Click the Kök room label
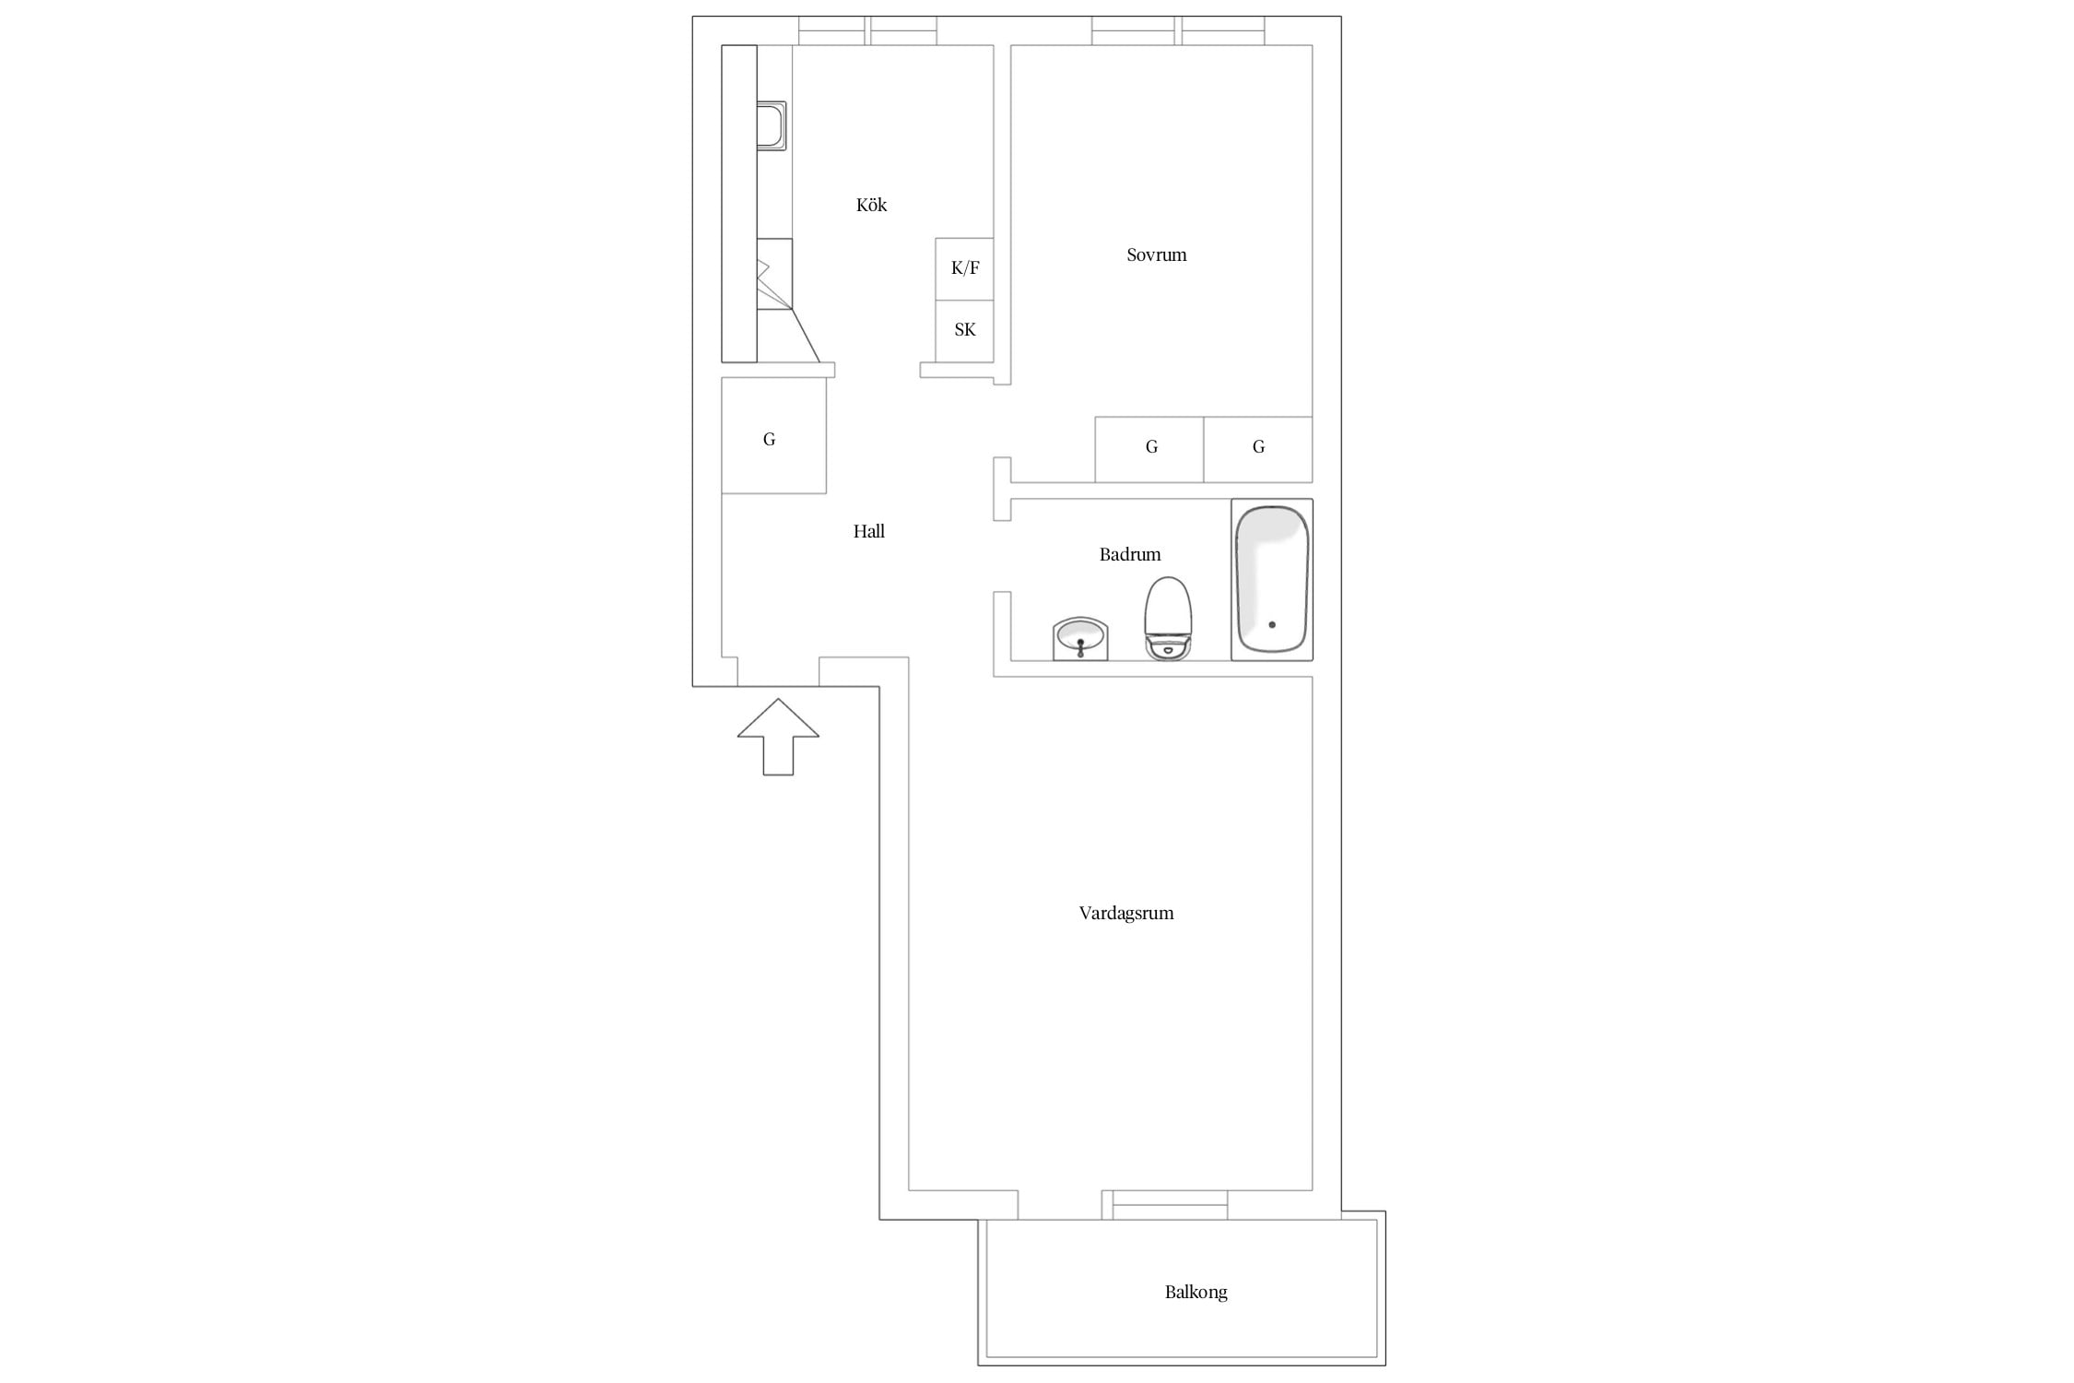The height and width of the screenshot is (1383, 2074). click(871, 205)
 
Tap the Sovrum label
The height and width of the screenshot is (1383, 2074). click(1156, 254)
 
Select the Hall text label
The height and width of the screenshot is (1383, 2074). click(868, 531)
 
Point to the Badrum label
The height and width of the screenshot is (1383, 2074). click(1129, 554)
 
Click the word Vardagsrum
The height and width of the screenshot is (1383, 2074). click(1125, 913)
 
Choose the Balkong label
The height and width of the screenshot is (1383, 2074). click(1196, 1292)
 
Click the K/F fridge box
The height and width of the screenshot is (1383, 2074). click(964, 268)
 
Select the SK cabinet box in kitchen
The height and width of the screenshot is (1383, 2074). click(964, 330)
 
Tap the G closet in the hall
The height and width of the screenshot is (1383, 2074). click(773, 435)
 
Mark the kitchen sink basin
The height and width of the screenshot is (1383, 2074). click(772, 126)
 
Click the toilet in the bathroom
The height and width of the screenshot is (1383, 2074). click(1168, 618)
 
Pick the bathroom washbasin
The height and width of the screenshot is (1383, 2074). click(1079, 639)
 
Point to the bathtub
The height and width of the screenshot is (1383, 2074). click(1271, 580)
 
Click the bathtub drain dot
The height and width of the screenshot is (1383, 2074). click(1272, 625)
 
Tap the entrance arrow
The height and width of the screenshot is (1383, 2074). click(778, 737)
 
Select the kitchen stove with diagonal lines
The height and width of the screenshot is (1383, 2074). click(774, 274)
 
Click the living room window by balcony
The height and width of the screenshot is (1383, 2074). click(1170, 1205)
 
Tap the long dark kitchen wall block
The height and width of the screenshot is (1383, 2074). click(739, 204)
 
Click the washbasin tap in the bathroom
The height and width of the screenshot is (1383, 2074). click(1080, 647)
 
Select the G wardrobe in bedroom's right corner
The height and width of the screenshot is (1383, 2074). click(1257, 449)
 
